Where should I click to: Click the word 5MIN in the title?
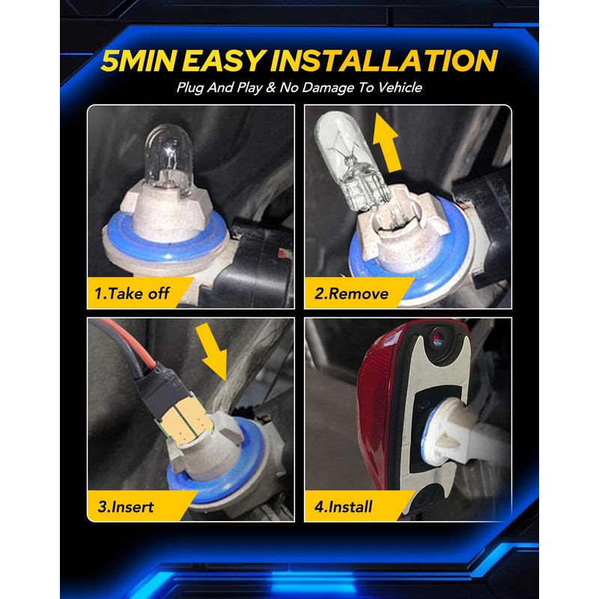point(139,61)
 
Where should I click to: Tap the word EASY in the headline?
point(224,61)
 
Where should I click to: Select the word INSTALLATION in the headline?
point(384,61)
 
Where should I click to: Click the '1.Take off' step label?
point(132,294)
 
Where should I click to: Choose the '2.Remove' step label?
point(351,294)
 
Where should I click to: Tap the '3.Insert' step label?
point(125,507)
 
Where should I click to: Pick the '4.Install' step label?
point(343,507)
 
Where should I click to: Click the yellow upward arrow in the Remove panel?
point(386,143)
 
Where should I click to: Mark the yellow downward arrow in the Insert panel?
point(213,351)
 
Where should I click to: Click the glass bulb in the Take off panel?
point(169,159)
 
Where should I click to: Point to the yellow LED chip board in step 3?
point(184,420)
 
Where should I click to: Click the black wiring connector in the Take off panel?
point(252,264)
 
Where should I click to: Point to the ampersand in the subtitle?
point(271,88)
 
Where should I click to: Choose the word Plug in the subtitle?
point(190,88)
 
